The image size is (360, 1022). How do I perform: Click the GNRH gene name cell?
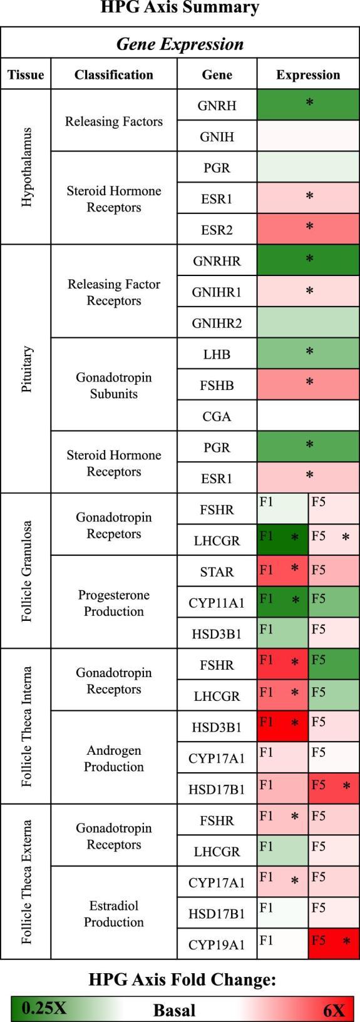[x=217, y=105]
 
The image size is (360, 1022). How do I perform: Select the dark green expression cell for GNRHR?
[x=308, y=260]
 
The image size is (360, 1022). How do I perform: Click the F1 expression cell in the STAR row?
[x=282, y=571]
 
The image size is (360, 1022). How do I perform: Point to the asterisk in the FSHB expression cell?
[x=309, y=382]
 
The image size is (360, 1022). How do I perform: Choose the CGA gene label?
[x=217, y=416]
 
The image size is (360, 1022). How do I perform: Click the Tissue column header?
[x=26, y=75]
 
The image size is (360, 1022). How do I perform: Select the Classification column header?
[x=114, y=75]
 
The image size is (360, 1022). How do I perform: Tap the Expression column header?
[x=308, y=75]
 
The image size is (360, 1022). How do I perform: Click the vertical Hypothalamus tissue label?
[x=26, y=166]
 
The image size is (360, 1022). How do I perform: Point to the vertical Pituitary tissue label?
[x=26, y=369]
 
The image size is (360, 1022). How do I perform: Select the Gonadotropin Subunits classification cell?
[x=114, y=386]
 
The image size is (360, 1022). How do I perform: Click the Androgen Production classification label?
[x=114, y=758]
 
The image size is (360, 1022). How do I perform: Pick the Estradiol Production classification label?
[x=114, y=914]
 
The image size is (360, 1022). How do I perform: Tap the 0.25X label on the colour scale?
[x=44, y=1008]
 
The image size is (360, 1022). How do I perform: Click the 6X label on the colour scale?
[x=334, y=1009]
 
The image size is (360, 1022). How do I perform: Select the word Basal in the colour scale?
[x=174, y=1009]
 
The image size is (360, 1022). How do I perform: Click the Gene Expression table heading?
[x=180, y=44]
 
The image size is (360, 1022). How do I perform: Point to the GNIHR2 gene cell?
[x=217, y=323]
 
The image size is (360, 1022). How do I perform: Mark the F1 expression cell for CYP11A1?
[x=282, y=602]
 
